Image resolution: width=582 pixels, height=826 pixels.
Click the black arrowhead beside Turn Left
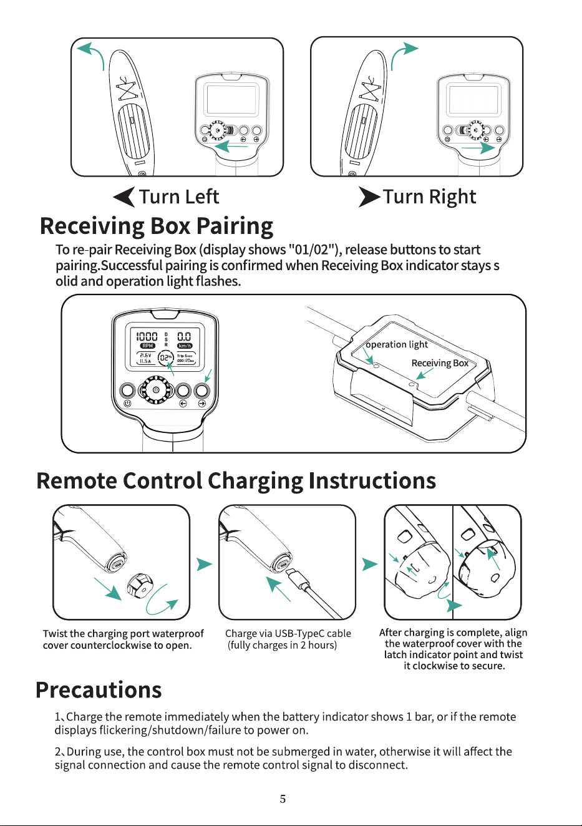coord(124,197)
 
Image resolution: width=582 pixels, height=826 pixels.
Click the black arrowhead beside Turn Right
coord(369,197)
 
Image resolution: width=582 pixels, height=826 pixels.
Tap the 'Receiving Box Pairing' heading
coord(157,226)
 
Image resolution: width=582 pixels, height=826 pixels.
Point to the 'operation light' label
coord(397,344)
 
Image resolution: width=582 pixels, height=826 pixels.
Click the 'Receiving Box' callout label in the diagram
coord(440,363)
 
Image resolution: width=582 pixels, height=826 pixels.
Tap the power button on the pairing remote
coord(127,391)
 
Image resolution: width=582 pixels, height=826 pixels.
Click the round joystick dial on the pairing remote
coord(156,390)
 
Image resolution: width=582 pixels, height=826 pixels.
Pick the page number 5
coord(283,799)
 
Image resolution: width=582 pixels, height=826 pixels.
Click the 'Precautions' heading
coord(99,689)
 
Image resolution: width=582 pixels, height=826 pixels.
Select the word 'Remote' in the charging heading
coord(76,480)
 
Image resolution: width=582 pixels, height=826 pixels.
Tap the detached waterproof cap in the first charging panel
coord(140,586)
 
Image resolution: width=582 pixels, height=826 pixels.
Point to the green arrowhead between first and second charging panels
coord(205,564)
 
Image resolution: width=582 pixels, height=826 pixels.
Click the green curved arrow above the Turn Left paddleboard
coord(90,54)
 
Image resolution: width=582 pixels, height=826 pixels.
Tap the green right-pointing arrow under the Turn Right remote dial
coord(478,147)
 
